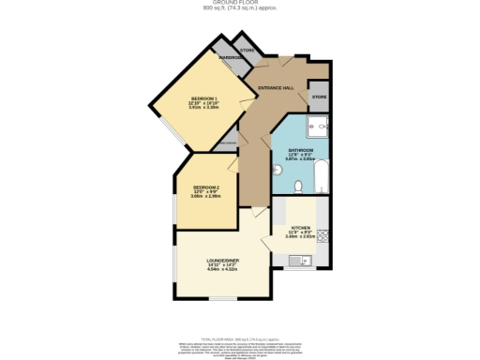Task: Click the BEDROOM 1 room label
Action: [x=203, y=99]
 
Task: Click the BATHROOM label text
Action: [x=299, y=150]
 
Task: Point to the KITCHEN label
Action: [x=300, y=228]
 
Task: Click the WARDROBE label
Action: [x=231, y=58]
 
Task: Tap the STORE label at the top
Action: [x=247, y=50]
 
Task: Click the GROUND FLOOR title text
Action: [x=240, y=4]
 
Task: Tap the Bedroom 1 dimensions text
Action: [x=203, y=106]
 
